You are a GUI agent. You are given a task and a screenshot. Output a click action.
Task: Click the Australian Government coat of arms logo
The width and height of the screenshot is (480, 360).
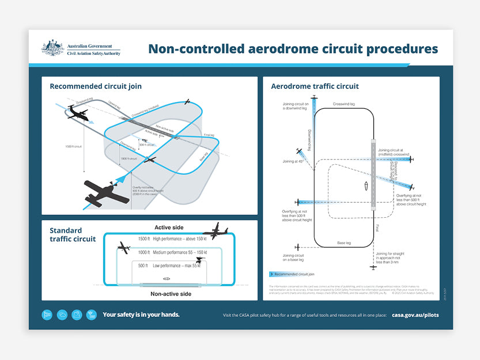(52, 48)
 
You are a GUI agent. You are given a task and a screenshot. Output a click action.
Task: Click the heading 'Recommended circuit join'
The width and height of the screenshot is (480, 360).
(96, 86)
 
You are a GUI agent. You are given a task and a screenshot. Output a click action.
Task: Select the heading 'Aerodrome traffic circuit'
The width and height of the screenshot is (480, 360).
(315, 86)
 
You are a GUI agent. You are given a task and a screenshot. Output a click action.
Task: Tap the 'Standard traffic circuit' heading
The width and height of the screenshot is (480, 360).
(73, 234)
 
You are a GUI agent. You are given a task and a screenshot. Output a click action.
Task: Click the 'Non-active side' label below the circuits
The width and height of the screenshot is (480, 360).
(171, 294)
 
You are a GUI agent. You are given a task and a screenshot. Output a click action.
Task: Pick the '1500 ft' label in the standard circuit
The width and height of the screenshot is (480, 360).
(143, 238)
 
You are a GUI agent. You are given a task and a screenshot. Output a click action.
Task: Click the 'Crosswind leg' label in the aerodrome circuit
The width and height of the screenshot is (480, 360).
(343, 104)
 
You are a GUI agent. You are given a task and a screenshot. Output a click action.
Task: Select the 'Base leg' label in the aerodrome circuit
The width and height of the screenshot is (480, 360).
(345, 243)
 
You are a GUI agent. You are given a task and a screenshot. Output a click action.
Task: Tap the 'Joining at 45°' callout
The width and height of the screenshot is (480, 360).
(293, 161)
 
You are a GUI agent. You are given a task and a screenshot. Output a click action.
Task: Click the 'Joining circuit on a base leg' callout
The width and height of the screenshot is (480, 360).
(293, 257)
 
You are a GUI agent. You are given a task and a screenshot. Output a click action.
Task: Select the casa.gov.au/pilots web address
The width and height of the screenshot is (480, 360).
(415, 315)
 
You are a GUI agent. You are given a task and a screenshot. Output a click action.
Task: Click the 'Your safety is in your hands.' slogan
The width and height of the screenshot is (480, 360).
(141, 315)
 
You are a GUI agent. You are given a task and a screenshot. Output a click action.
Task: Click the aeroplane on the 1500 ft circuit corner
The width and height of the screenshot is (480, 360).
(215, 230)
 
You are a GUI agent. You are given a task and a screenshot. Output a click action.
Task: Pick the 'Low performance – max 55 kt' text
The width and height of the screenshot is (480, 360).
(177, 266)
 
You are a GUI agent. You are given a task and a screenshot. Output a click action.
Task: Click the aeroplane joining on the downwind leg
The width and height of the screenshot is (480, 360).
(314, 99)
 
